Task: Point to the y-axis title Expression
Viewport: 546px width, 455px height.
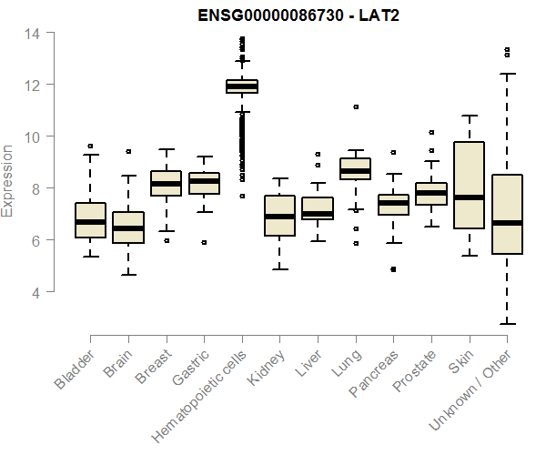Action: tap(8, 180)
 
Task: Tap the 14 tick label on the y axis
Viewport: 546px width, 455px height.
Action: tap(32, 34)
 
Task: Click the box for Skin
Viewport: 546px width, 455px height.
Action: tap(469, 173)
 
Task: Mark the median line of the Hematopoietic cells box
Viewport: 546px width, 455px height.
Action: tap(242, 86)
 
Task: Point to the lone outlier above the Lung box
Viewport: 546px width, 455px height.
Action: tap(356, 106)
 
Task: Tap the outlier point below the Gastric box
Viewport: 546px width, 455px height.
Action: tap(204, 242)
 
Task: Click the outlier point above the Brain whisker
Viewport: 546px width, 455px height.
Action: tap(128, 151)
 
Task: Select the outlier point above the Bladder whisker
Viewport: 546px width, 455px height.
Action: tap(90, 146)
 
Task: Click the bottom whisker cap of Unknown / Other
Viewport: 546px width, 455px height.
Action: tap(506, 324)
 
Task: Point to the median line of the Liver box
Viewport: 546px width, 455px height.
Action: tap(318, 214)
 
